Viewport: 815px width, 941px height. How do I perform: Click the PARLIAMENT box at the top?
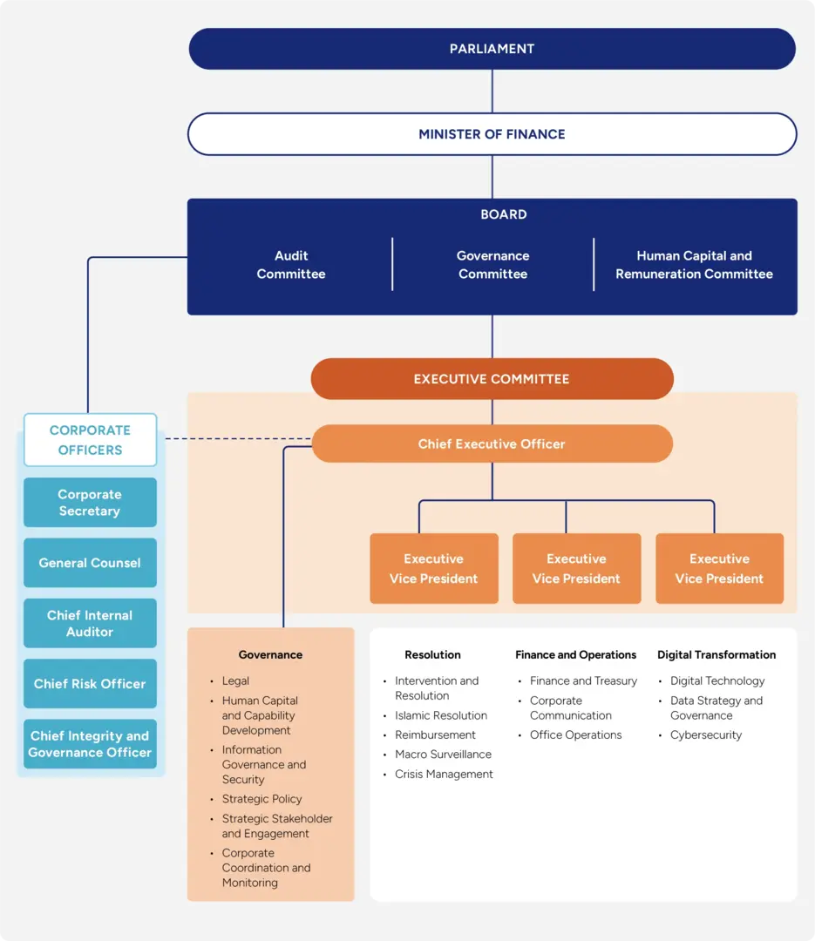[x=492, y=49]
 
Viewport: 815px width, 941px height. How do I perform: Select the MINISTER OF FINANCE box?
[x=492, y=134]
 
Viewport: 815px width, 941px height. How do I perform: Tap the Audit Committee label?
[x=290, y=265]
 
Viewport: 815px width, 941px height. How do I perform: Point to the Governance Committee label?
[x=492, y=265]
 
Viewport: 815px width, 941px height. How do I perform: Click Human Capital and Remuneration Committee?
[x=694, y=265]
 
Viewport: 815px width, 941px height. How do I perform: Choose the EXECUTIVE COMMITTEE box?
[x=492, y=379]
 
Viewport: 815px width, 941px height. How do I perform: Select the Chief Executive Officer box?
[x=492, y=444]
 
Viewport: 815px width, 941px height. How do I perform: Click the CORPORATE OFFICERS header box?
[x=90, y=440]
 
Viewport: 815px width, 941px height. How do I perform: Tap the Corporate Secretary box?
[x=90, y=503]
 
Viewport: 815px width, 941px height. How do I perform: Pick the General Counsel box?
[x=90, y=563]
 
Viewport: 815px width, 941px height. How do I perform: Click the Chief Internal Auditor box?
[x=90, y=623]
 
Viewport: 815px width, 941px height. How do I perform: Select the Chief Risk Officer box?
[x=90, y=684]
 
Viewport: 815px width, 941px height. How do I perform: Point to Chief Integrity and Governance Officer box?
[x=90, y=744]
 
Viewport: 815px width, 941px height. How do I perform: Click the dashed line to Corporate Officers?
[x=235, y=439]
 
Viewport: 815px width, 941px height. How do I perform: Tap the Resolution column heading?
[x=432, y=655]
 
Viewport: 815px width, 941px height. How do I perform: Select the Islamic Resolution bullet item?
[x=440, y=715]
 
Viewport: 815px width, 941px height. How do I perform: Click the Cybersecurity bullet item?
[x=706, y=735]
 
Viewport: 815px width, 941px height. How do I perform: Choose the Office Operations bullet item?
[x=575, y=735]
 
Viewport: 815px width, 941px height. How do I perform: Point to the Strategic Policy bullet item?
[x=261, y=799]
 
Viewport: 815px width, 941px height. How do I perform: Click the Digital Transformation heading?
[x=716, y=655]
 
